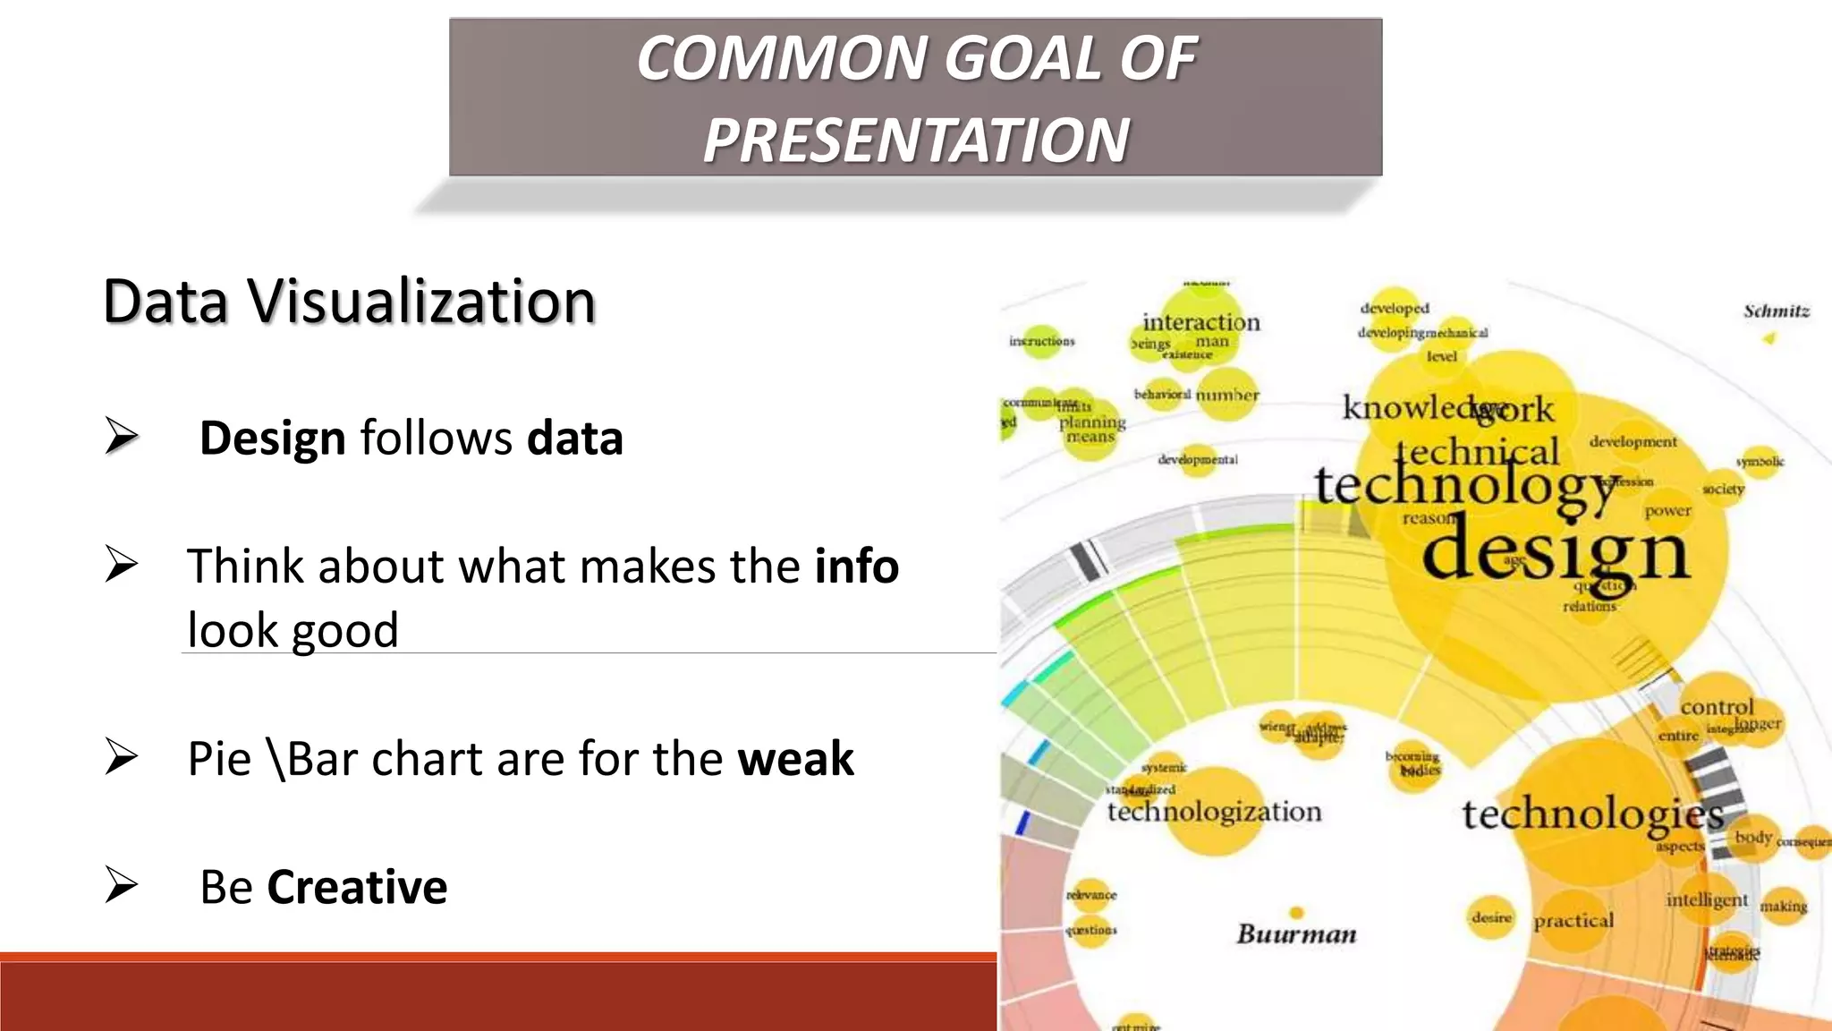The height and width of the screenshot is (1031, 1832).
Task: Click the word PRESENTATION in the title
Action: (x=916, y=141)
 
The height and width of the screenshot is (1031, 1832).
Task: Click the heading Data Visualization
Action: (x=349, y=301)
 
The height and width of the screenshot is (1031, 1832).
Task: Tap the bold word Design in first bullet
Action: (x=272, y=439)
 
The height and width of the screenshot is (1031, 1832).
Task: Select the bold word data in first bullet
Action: (x=574, y=439)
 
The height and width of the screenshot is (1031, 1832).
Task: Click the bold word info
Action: (x=856, y=567)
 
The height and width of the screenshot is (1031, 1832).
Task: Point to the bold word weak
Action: (x=795, y=759)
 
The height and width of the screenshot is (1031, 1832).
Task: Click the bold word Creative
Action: (x=357, y=887)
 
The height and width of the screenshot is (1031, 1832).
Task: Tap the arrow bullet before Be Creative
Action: (x=122, y=885)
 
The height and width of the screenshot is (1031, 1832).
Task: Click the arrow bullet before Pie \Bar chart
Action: (x=122, y=757)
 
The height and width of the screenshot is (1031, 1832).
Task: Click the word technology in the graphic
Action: (x=1467, y=486)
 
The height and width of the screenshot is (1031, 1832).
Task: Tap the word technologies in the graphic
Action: (x=1592, y=814)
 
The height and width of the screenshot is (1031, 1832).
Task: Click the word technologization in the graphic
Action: (x=1214, y=812)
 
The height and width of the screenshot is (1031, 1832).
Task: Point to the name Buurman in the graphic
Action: (x=1296, y=934)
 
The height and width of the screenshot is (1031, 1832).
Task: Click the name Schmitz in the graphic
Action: (x=1776, y=311)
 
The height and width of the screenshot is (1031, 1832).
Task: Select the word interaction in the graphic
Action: (x=1200, y=322)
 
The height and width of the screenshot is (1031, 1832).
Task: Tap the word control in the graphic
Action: (x=1717, y=707)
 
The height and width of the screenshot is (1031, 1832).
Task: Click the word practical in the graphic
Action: (x=1573, y=921)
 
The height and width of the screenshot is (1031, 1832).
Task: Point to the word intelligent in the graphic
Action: (x=1706, y=899)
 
